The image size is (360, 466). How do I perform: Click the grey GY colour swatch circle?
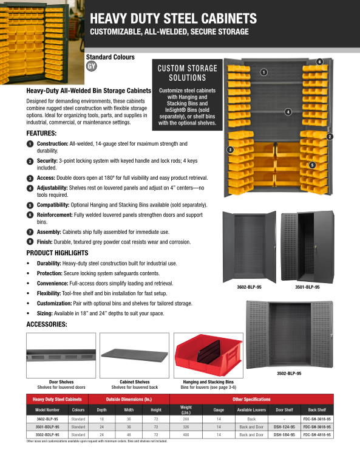coord(92,66)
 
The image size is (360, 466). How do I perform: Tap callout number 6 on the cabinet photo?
coord(319,62)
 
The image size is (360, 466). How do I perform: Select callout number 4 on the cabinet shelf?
coord(288,112)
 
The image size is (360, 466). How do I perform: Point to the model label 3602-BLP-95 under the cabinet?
coord(250,287)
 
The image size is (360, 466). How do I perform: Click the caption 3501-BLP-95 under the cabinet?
coord(307,287)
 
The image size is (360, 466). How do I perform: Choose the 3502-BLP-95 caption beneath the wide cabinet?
coord(289,373)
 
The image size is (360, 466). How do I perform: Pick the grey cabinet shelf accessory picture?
coord(135,355)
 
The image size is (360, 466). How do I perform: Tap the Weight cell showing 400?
coord(186,434)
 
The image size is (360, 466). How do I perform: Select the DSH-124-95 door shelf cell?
coord(284,427)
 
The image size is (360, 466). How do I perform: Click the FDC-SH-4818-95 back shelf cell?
coord(317,434)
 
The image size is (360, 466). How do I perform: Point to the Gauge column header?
coord(219,410)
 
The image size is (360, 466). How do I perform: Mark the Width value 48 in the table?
coord(129,434)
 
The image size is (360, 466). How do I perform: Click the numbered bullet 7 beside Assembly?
coord(30,232)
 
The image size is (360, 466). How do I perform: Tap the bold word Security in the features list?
coord(47,161)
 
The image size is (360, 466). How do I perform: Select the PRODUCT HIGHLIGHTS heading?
coord(57,253)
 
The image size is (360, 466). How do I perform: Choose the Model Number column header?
coord(47,410)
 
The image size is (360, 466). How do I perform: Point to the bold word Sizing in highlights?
coord(44,314)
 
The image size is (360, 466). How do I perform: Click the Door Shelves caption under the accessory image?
coord(61,382)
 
